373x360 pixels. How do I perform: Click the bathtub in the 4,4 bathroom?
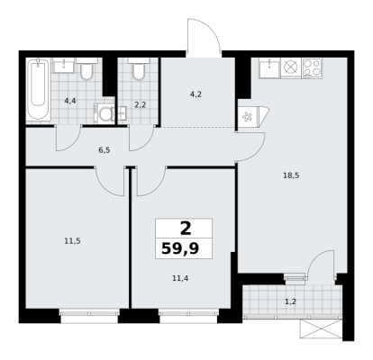(x=39, y=90)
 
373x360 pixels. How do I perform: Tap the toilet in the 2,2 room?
(x=139, y=69)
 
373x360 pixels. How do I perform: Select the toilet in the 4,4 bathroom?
(x=86, y=69)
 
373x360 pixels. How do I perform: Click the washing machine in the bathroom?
(x=105, y=113)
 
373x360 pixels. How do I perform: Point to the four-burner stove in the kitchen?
(x=312, y=68)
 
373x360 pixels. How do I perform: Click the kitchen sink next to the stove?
(x=269, y=68)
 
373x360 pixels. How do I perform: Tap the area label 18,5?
(x=291, y=175)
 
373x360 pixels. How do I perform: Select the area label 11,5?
(x=72, y=240)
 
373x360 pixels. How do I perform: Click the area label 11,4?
(x=180, y=278)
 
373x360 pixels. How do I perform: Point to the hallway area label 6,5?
(x=105, y=150)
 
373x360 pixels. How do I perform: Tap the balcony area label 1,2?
(x=290, y=301)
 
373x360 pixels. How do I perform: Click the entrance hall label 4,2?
(x=196, y=94)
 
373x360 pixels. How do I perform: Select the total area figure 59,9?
(x=180, y=248)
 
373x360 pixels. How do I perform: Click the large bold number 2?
(x=186, y=229)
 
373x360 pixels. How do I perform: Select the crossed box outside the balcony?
(x=322, y=328)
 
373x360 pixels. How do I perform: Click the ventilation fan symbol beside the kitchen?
(x=248, y=117)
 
